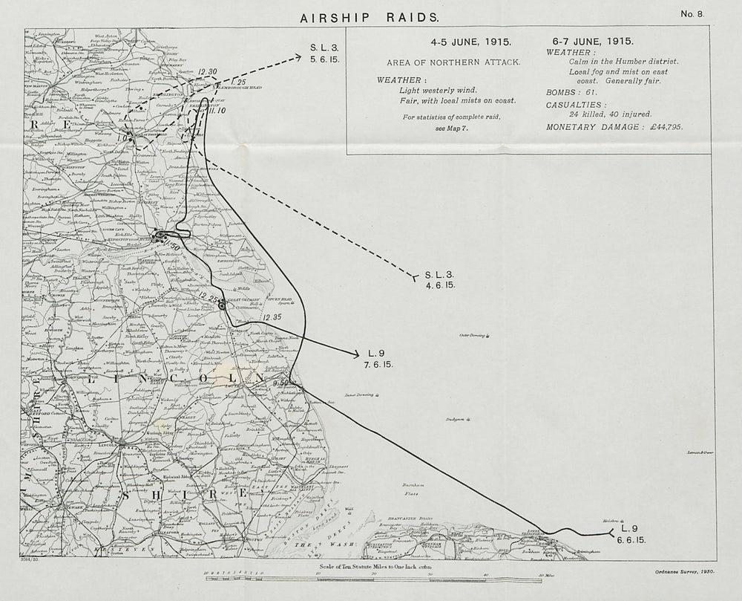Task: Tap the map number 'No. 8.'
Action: [x=693, y=14]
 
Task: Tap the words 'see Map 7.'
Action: [x=451, y=128]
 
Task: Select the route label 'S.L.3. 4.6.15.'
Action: [x=439, y=280]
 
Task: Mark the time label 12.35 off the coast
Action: [x=272, y=318]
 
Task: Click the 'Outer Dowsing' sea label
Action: [x=473, y=336]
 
